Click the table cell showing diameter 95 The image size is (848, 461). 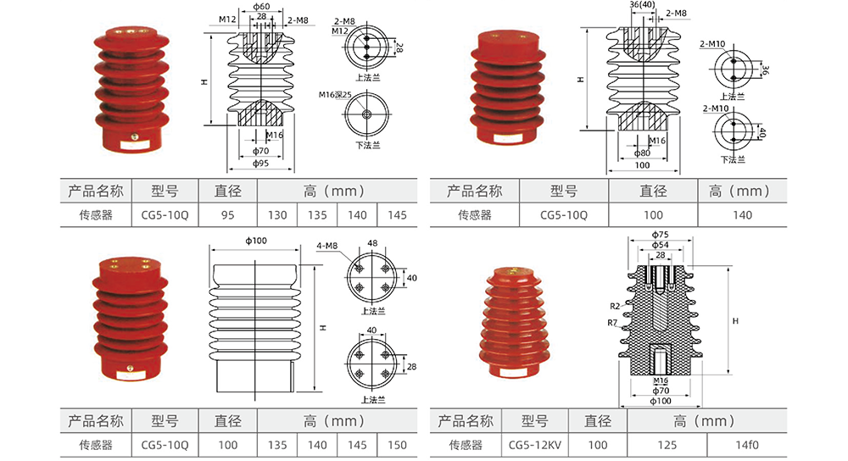(x=226, y=215)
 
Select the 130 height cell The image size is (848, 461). (x=277, y=215)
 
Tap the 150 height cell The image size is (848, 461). (x=397, y=444)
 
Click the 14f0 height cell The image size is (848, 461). (x=745, y=444)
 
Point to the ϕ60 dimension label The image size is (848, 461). (x=261, y=8)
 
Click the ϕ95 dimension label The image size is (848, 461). (x=261, y=164)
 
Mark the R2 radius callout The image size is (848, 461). (x=615, y=305)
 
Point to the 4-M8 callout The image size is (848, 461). (x=327, y=247)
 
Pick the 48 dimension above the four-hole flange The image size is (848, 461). (x=371, y=243)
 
